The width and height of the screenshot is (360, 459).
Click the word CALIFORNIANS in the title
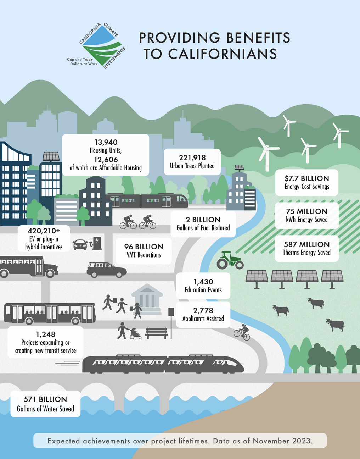point(222,54)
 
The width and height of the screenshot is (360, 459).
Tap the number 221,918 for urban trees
point(192,157)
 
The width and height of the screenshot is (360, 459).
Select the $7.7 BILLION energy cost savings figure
point(307,178)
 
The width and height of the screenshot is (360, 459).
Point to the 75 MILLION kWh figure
point(307,211)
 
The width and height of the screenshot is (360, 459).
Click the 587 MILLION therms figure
point(307,244)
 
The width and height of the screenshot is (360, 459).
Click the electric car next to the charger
point(80,245)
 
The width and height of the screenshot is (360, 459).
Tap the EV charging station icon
point(96,243)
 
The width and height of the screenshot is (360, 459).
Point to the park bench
point(157,333)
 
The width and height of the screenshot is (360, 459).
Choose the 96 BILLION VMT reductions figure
point(144,247)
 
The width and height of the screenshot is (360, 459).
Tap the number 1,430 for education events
point(203,282)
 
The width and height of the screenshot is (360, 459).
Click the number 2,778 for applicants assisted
point(203,310)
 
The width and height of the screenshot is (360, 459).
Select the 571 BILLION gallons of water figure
point(45,399)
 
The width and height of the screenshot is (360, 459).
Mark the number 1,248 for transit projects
point(45,334)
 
